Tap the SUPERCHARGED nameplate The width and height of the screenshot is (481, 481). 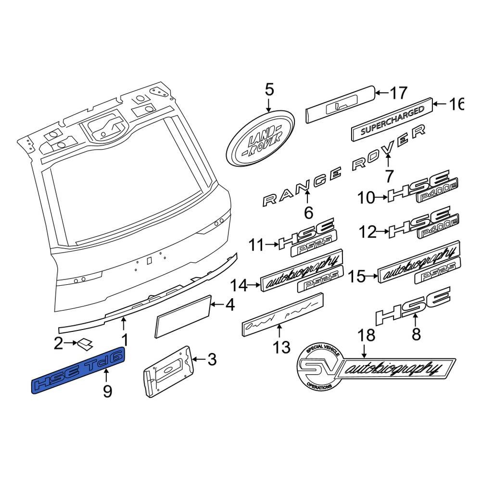392,120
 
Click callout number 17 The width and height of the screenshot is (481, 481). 398,93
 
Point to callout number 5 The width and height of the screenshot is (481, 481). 268,89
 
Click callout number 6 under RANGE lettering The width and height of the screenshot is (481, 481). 308,212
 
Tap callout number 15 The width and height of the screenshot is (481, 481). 356,276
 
